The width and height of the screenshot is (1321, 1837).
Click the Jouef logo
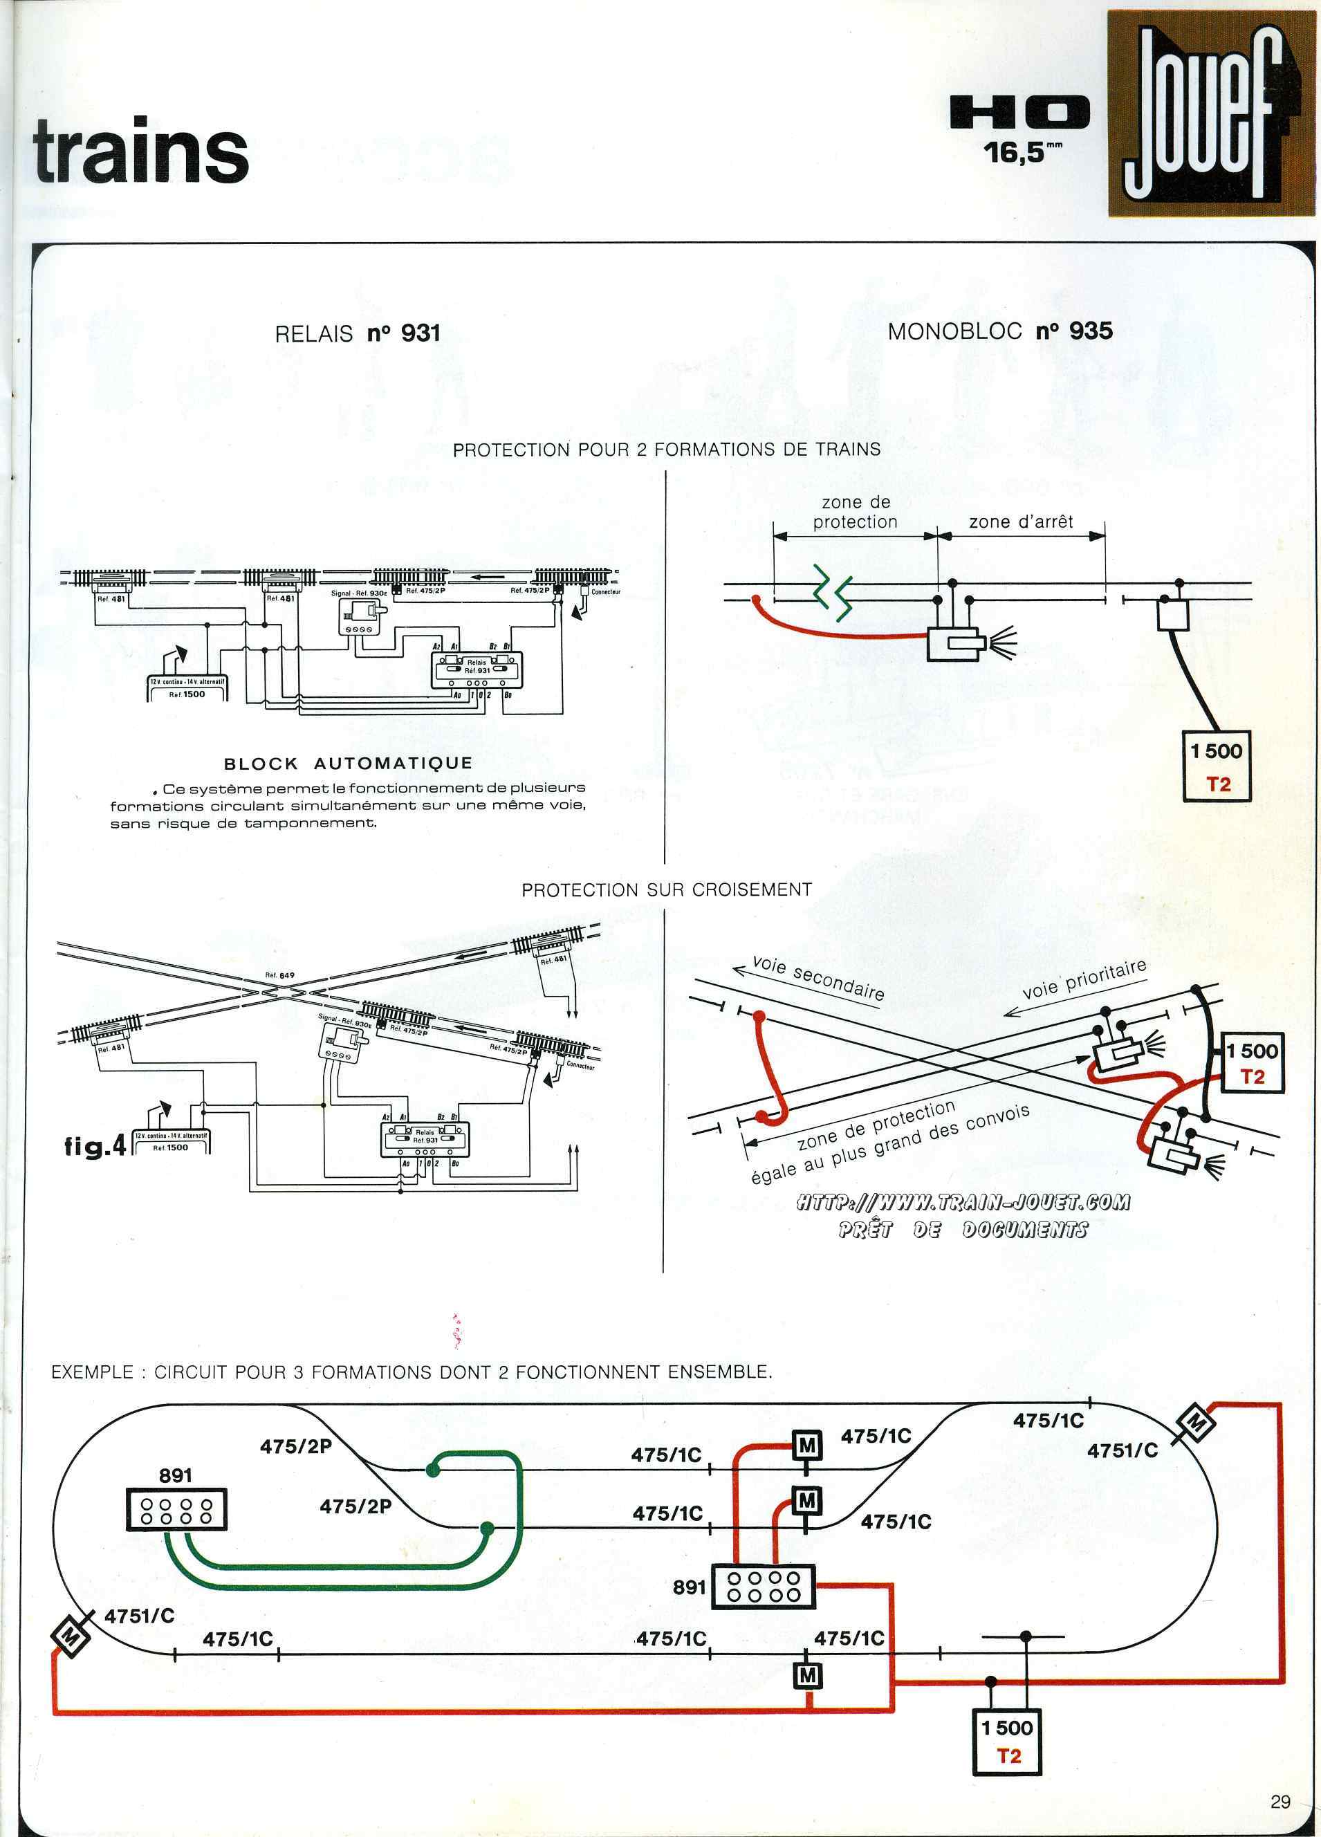(1210, 113)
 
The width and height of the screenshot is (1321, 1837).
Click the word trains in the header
(140, 151)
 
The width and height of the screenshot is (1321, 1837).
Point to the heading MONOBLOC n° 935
(999, 331)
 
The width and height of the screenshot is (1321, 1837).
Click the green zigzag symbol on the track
(832, 596)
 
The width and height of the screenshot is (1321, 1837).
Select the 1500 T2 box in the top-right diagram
(1217, 766)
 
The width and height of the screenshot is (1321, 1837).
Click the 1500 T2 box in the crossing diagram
(1251, 1062)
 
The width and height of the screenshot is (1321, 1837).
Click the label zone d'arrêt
(1021, 521)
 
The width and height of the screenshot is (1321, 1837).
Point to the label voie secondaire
(818, 977)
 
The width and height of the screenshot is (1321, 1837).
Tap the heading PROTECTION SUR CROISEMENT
(666, 889)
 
